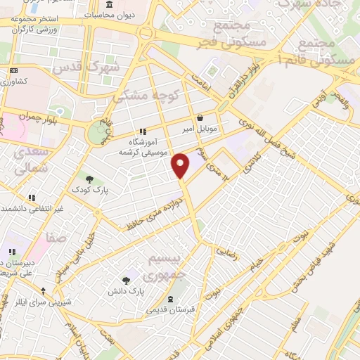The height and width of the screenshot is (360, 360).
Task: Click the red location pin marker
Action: pos(181,165)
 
